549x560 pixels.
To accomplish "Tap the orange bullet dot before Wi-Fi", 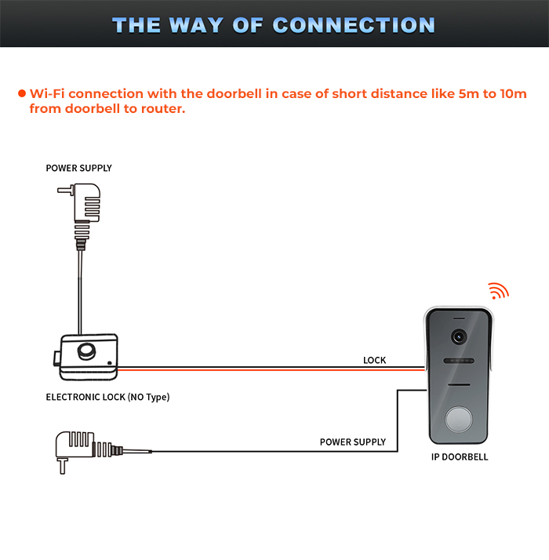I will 22,94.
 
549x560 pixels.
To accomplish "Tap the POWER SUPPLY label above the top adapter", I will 78,168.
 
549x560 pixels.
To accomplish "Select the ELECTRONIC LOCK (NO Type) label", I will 107,397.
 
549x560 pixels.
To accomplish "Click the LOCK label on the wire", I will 374,360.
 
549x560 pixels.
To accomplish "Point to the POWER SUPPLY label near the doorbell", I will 353,442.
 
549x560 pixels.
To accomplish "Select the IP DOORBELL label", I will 460,456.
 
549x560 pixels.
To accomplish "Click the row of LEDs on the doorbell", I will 459,362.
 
